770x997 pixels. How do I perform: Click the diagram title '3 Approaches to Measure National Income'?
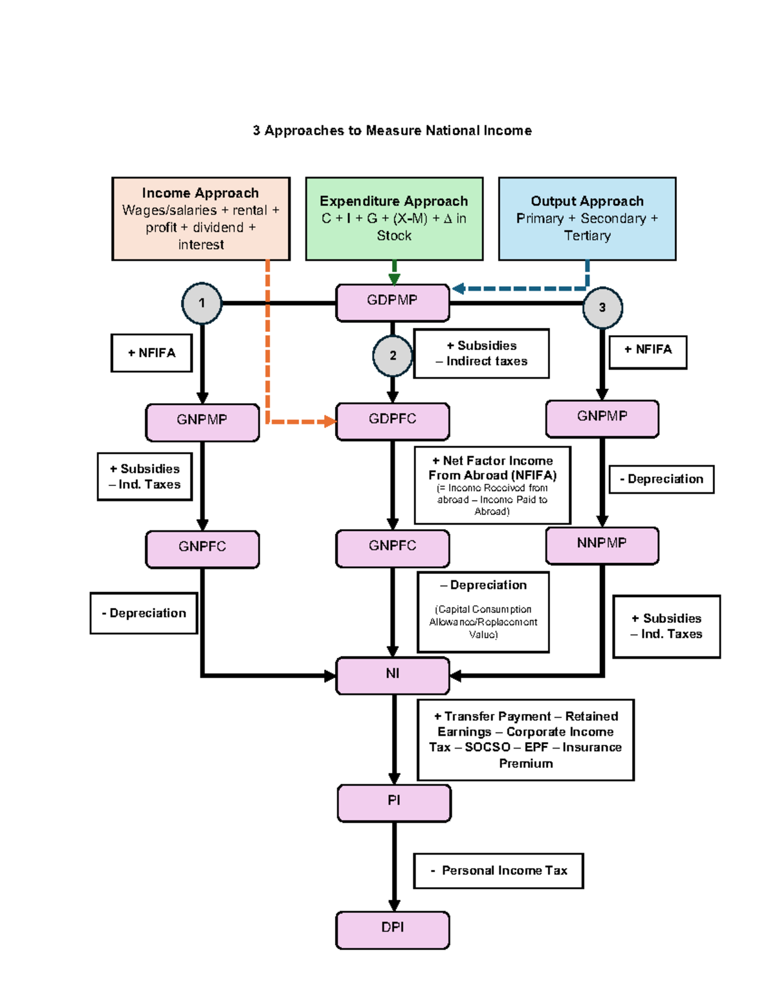pos(392,131)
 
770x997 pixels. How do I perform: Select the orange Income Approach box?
pos(201,219)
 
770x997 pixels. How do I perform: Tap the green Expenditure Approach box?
pos(394,219)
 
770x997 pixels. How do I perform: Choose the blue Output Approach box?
pos(587,219)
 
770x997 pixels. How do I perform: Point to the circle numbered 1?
pos(201,303)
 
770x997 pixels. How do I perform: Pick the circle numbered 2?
pos(393,356)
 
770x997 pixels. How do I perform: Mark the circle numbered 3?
pos(602,308)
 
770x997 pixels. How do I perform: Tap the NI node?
pos(392,675)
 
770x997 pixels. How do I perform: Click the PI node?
pos(394,802)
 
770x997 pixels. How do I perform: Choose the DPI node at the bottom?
pos(392,929)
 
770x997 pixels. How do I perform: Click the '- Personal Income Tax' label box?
pos(498,871)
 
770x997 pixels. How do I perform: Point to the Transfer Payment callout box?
pos(526,740)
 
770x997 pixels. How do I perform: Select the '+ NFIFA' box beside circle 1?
pos(151,353)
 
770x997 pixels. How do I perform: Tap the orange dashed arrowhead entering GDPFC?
pos(330,422)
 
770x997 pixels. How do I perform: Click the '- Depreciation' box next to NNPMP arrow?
pos(661,480)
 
